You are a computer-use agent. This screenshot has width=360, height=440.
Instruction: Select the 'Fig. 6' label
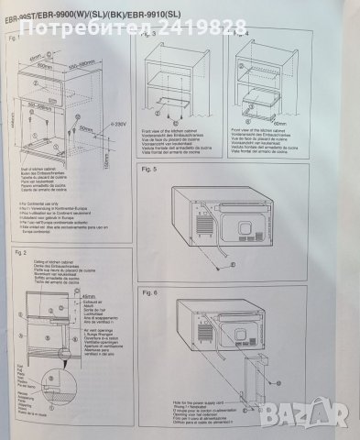[x=156, y=291]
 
